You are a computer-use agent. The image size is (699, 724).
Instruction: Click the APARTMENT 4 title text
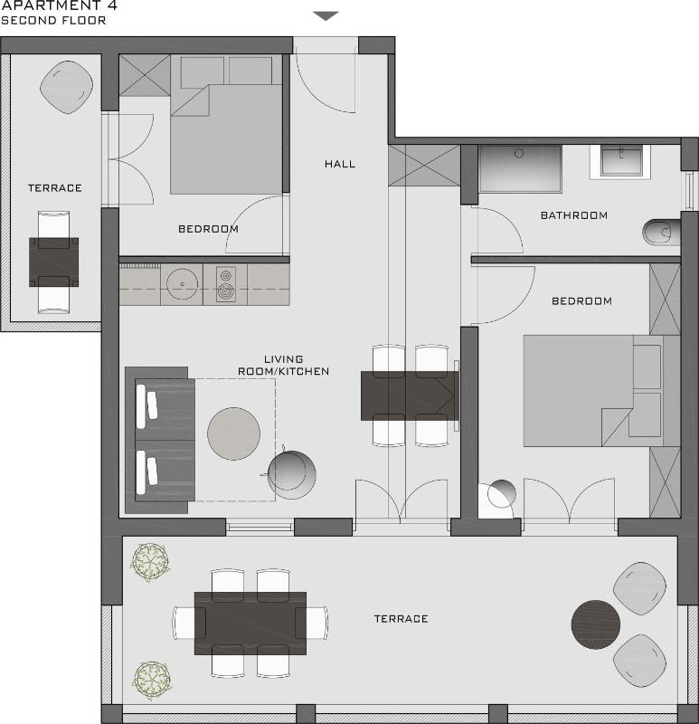[x=59, y=5]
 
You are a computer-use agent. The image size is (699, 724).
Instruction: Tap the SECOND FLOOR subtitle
[x=53, y=20]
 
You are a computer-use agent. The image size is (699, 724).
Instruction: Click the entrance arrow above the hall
[x=326, y=15]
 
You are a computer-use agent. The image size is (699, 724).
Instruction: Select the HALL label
[x=340, y=164]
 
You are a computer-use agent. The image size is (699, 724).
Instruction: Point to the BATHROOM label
[x=573, y=215]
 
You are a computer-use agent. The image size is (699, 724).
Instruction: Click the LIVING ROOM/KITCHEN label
[x=283, y=365]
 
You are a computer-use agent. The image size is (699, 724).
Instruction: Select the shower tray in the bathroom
[x=520, y=168]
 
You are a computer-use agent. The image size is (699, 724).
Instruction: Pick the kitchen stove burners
[x=224, y=284]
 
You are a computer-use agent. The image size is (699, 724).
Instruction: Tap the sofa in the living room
[x=161, y=440]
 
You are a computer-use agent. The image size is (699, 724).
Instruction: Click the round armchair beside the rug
[x=293, y=474]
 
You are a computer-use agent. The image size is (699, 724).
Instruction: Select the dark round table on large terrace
[x=596, y=624]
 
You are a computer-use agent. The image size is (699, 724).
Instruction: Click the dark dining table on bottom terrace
[x=250, y=623]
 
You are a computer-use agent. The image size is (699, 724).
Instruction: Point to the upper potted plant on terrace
[x=150, y=563]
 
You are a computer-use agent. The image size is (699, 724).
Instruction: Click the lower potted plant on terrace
[x=152, y=678]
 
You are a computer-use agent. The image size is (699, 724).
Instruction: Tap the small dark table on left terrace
[x=54, y=262]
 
